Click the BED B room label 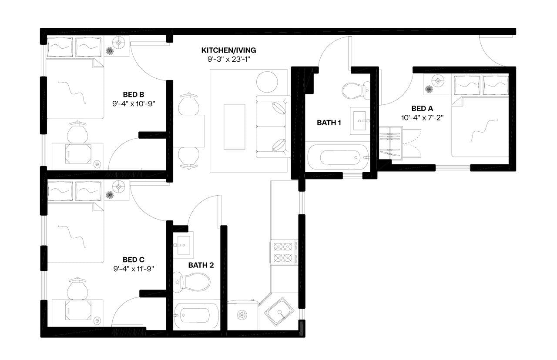[x=134, y=94]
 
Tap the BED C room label [x=134, y=260]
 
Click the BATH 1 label [x=329, y=123]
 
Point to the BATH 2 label [x=201, y=265]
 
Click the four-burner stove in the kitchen [x=282, y=252]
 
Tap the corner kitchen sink [x=277, y=311]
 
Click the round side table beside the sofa [x=267, y=81]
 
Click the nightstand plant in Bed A [x=429, y=89]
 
